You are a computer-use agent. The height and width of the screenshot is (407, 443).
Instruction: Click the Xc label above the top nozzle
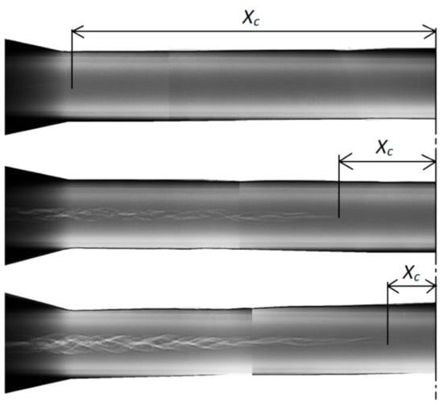(x=250, y=18)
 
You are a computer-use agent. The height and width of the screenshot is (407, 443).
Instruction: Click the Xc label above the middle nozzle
(x=384, y=147)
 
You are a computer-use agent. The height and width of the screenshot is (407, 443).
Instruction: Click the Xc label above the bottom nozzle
(x=412, y=272)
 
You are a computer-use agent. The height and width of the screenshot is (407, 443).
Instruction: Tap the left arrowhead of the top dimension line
(x=77, y=31)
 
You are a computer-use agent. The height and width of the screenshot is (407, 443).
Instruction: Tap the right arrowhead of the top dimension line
(x=429, y=31)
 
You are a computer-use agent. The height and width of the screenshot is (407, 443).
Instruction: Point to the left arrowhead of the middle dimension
(x=346, y=162)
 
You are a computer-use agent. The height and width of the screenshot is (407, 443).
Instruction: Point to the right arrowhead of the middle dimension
(x=429, y=162)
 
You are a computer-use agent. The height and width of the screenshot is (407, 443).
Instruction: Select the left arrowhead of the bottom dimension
(x=393, y=286)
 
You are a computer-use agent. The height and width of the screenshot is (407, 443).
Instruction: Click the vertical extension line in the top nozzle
(x=72, y=59)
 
